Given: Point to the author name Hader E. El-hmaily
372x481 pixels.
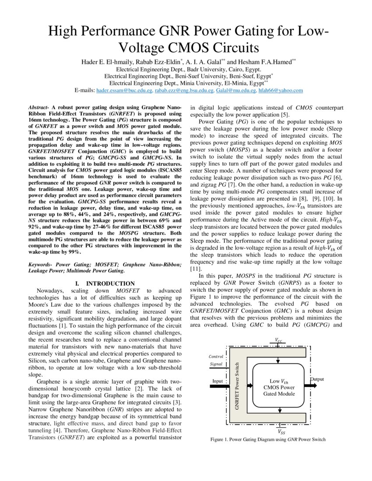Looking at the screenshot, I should [x=110, y=62].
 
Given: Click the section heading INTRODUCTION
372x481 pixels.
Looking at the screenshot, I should [x=110, y=284].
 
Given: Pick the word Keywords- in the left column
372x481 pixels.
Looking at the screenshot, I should [x=41, y=265].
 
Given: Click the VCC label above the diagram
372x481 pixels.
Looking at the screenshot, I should [x=279, y=340].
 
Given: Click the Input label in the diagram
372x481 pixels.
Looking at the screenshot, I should [x=218, y=381].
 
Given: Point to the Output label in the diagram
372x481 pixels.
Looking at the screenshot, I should [x=317, y=379].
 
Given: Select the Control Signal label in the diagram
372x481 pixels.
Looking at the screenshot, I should [x=216, y=360].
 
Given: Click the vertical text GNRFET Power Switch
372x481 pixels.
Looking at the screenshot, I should [x=237, y=386].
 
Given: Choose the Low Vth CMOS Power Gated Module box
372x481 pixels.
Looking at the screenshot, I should [x=279, y=387].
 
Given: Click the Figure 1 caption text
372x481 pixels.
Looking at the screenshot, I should [x=268, y=439].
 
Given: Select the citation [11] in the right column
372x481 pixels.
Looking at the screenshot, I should [x=195, y=268].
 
